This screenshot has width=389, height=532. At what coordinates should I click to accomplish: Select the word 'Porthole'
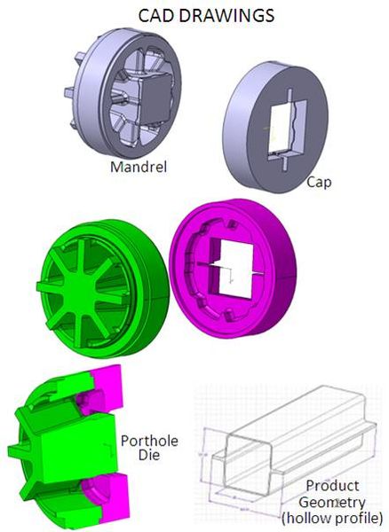click(147, 440)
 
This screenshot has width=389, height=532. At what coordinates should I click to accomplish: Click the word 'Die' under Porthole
click(147, 458)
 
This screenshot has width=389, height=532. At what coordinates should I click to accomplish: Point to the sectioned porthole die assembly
click(58, 452)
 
